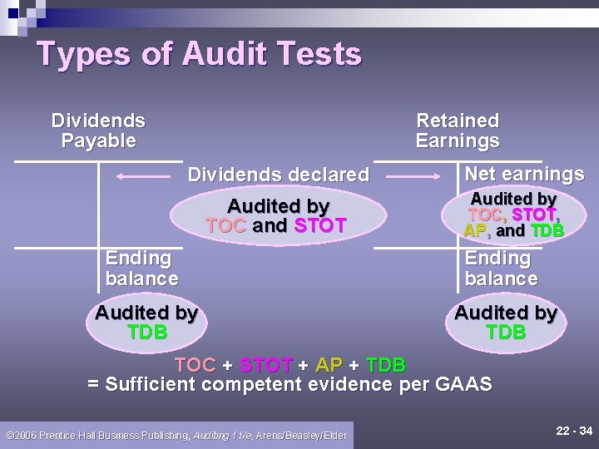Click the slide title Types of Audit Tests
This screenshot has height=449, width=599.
point(200,55)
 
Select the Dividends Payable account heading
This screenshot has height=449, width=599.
point(98,131)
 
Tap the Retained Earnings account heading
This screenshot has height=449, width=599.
point(458,131)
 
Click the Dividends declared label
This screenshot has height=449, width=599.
point(278,175)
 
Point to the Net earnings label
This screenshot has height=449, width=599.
point(524,174)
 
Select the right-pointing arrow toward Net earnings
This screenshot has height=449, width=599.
point(417,176)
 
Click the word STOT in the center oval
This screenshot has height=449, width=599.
point(319,225)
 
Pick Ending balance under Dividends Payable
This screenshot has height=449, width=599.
point(141,269)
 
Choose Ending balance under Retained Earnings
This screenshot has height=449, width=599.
point(501,269)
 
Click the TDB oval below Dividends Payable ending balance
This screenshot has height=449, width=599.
point(146,323)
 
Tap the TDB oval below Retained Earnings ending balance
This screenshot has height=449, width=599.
point(506,323)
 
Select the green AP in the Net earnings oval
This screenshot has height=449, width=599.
point(475,230)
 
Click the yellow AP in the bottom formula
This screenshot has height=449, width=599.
point(329,365)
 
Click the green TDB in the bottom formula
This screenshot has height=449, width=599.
point(385,365)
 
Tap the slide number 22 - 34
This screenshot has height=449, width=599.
point(573,431)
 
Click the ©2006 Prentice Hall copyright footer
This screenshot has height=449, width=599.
point(176,435)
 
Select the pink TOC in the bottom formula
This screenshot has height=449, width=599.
point(196,365)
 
